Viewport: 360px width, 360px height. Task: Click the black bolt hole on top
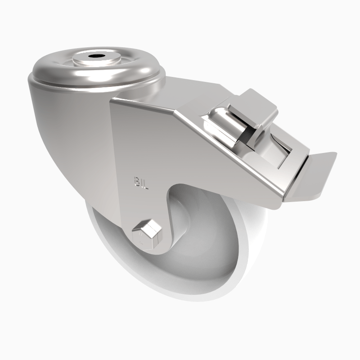(95, 57)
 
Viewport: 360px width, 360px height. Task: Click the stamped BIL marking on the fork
(140, 183)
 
